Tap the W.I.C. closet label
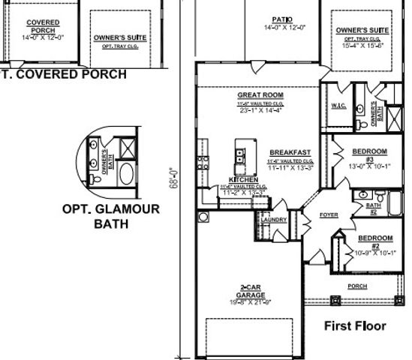[x=338, y=106]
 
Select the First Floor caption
[x=355, y=325]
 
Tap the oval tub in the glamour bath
[x=125, y=175]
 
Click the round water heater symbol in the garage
[x=203, y=217]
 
